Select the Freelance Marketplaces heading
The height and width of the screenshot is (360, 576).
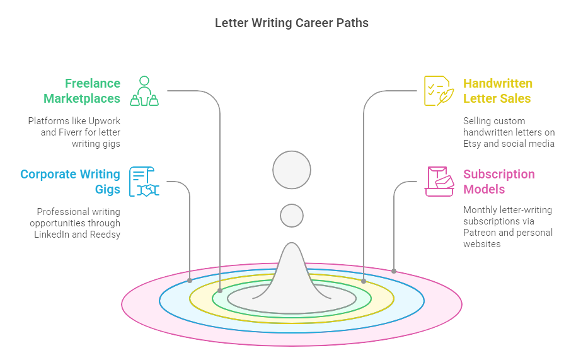tap(82, 91)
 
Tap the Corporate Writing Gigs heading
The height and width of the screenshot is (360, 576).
tap(70, 182)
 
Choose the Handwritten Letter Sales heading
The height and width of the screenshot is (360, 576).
tap(497, 91)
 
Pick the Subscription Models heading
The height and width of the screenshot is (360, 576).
tap(498, 182)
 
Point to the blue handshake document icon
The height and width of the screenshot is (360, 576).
tap(144, 182)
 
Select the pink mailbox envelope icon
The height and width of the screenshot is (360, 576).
tap(439, 182)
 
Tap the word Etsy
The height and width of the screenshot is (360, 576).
tap(475, 144)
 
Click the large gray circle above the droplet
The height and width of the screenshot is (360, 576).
tap(292, 170)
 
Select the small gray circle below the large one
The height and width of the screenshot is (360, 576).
tap(292, 216)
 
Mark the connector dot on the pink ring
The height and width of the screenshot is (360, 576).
tap(394, 271)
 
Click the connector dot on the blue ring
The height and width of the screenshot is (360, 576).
tap(190, 281)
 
